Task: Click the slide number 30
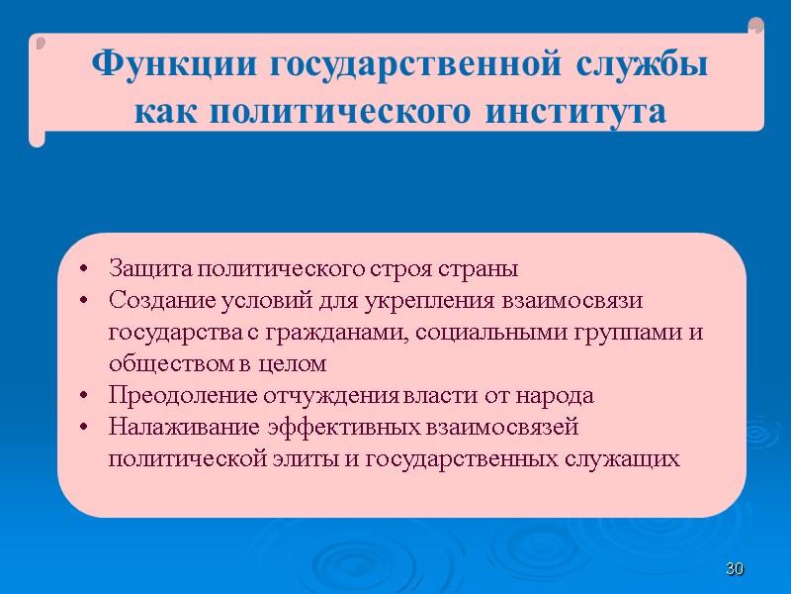(x=734, y=569)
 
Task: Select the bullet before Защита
(x=86, y=269)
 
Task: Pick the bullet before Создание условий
(x=86, y=300)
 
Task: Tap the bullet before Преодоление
(x=86, y=396)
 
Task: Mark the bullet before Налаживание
(x=86, y=428)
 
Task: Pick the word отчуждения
(x=332, y=396)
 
